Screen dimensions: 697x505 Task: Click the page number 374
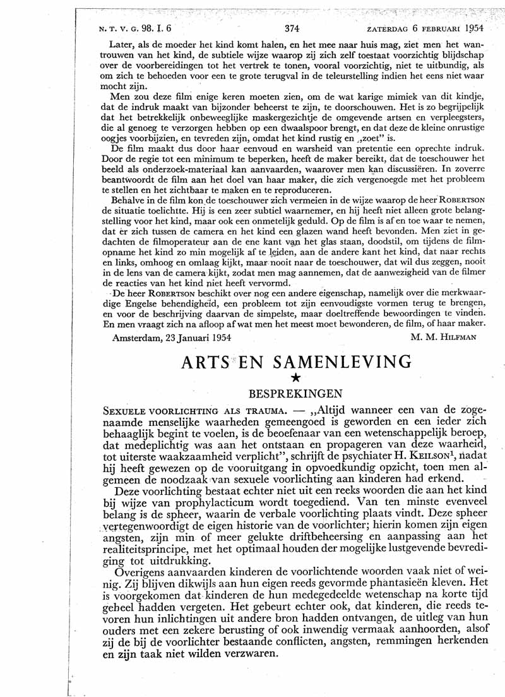point(292,28)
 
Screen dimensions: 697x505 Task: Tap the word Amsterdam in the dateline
point(140,338)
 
